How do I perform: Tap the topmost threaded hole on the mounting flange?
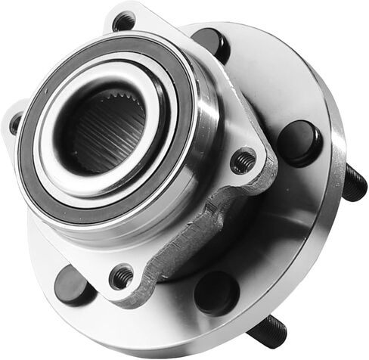click(123, 21)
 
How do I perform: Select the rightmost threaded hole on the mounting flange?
click(243, 160)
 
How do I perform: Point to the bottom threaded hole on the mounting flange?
click(121, 276)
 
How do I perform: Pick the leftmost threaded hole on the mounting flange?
click(15, 123)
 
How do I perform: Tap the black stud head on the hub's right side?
click(299, 141)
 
